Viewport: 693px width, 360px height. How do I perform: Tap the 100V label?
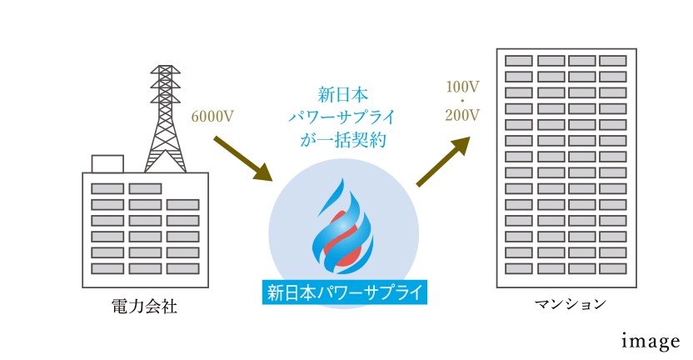point(462,86)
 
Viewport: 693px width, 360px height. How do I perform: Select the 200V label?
point(462,115)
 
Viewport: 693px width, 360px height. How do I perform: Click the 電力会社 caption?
point(143,307)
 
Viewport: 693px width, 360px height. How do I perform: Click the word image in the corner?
point(651,341)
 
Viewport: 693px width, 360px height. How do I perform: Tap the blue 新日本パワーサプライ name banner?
point(344,292)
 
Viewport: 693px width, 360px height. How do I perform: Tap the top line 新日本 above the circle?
point(343,92)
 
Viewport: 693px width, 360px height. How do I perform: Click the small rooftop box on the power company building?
point(107,163)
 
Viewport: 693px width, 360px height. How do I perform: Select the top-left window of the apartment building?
point(519,61)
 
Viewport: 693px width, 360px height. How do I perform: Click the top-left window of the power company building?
point(107,188)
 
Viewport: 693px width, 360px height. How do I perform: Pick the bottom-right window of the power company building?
point(182,268)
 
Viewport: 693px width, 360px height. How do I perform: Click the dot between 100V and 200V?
point(462,101)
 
